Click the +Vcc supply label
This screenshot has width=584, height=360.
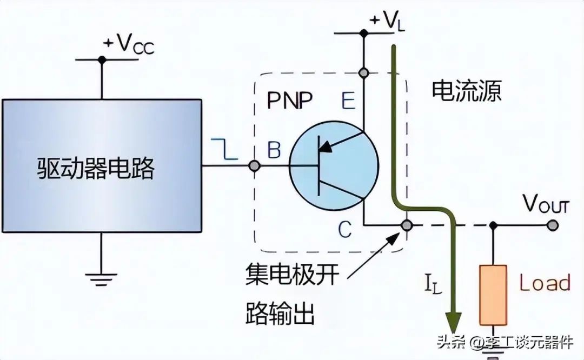point(129,44)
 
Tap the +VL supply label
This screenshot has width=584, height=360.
point(387,22)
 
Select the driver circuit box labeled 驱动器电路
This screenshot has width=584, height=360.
point(102,166)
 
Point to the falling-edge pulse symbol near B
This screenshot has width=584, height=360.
point(224,149)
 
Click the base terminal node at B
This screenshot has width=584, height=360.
point(254,165)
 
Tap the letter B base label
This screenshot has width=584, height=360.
point(274,150)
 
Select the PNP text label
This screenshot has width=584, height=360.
point(290,100)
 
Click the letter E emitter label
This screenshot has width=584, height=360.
point(348,101)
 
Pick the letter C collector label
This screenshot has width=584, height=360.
point(345,229)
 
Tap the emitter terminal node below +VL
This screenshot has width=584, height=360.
point(363,73)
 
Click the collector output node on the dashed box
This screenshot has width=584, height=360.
point(407,225)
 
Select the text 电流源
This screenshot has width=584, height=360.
point(466,91)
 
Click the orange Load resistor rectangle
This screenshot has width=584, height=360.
point(493,295)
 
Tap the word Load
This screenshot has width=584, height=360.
point(545,283)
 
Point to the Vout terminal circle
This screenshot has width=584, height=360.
point(553,225)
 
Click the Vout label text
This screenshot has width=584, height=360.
point(546,204)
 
